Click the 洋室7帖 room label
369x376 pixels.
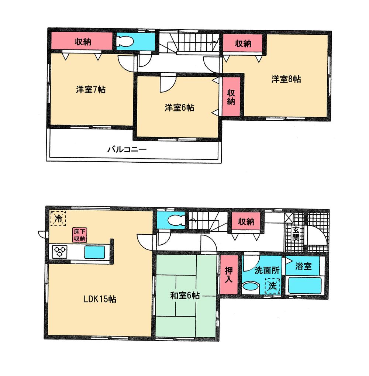[91, 90]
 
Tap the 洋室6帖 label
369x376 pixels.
[179, 108]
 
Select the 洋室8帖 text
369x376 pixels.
[286, 79]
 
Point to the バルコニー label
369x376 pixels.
[127, 150]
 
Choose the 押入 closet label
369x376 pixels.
[229, 274]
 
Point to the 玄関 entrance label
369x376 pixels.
[296, 234]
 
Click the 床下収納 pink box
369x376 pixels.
[79, 235]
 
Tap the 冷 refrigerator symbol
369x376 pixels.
[58, 218]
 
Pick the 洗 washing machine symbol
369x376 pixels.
[272, 285]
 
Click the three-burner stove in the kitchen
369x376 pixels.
[59, 252]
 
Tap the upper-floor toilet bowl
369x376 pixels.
[125, 42]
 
